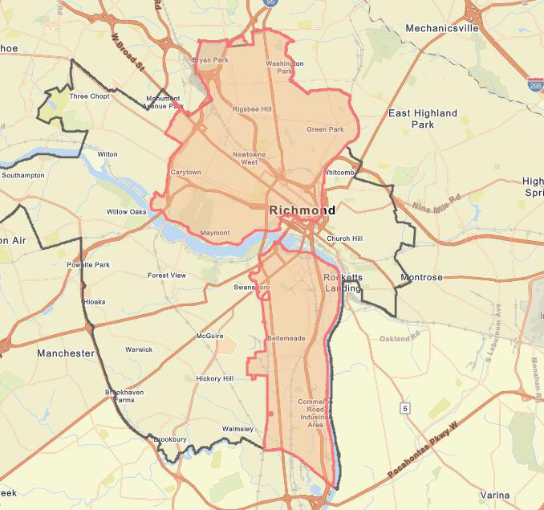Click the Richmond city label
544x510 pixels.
[x=302, y=210]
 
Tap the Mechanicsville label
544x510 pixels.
[x=441, y=27]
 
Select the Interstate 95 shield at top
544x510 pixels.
[x=269, y=3]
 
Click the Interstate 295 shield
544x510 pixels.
[x=534, y=84]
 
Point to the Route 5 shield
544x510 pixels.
[x=406, y=409]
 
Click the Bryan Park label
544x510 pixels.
[x=212, y=60]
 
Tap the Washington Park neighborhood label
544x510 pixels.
[x=285, y=67]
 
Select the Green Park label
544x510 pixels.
[x=325, y=129]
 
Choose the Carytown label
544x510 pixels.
[x=185, y=172]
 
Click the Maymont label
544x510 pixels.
[x=214, y=233]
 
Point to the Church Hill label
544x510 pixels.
[x=344, y=238]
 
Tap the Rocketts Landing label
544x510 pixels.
[x=343, y=282]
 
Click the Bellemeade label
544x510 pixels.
[x=286, y=338]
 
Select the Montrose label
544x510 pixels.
[x=421, y=277]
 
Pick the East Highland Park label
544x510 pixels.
[x=423, y=119]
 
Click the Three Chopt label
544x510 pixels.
[x=89, y=96]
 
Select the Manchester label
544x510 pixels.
[x=66, y=353]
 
